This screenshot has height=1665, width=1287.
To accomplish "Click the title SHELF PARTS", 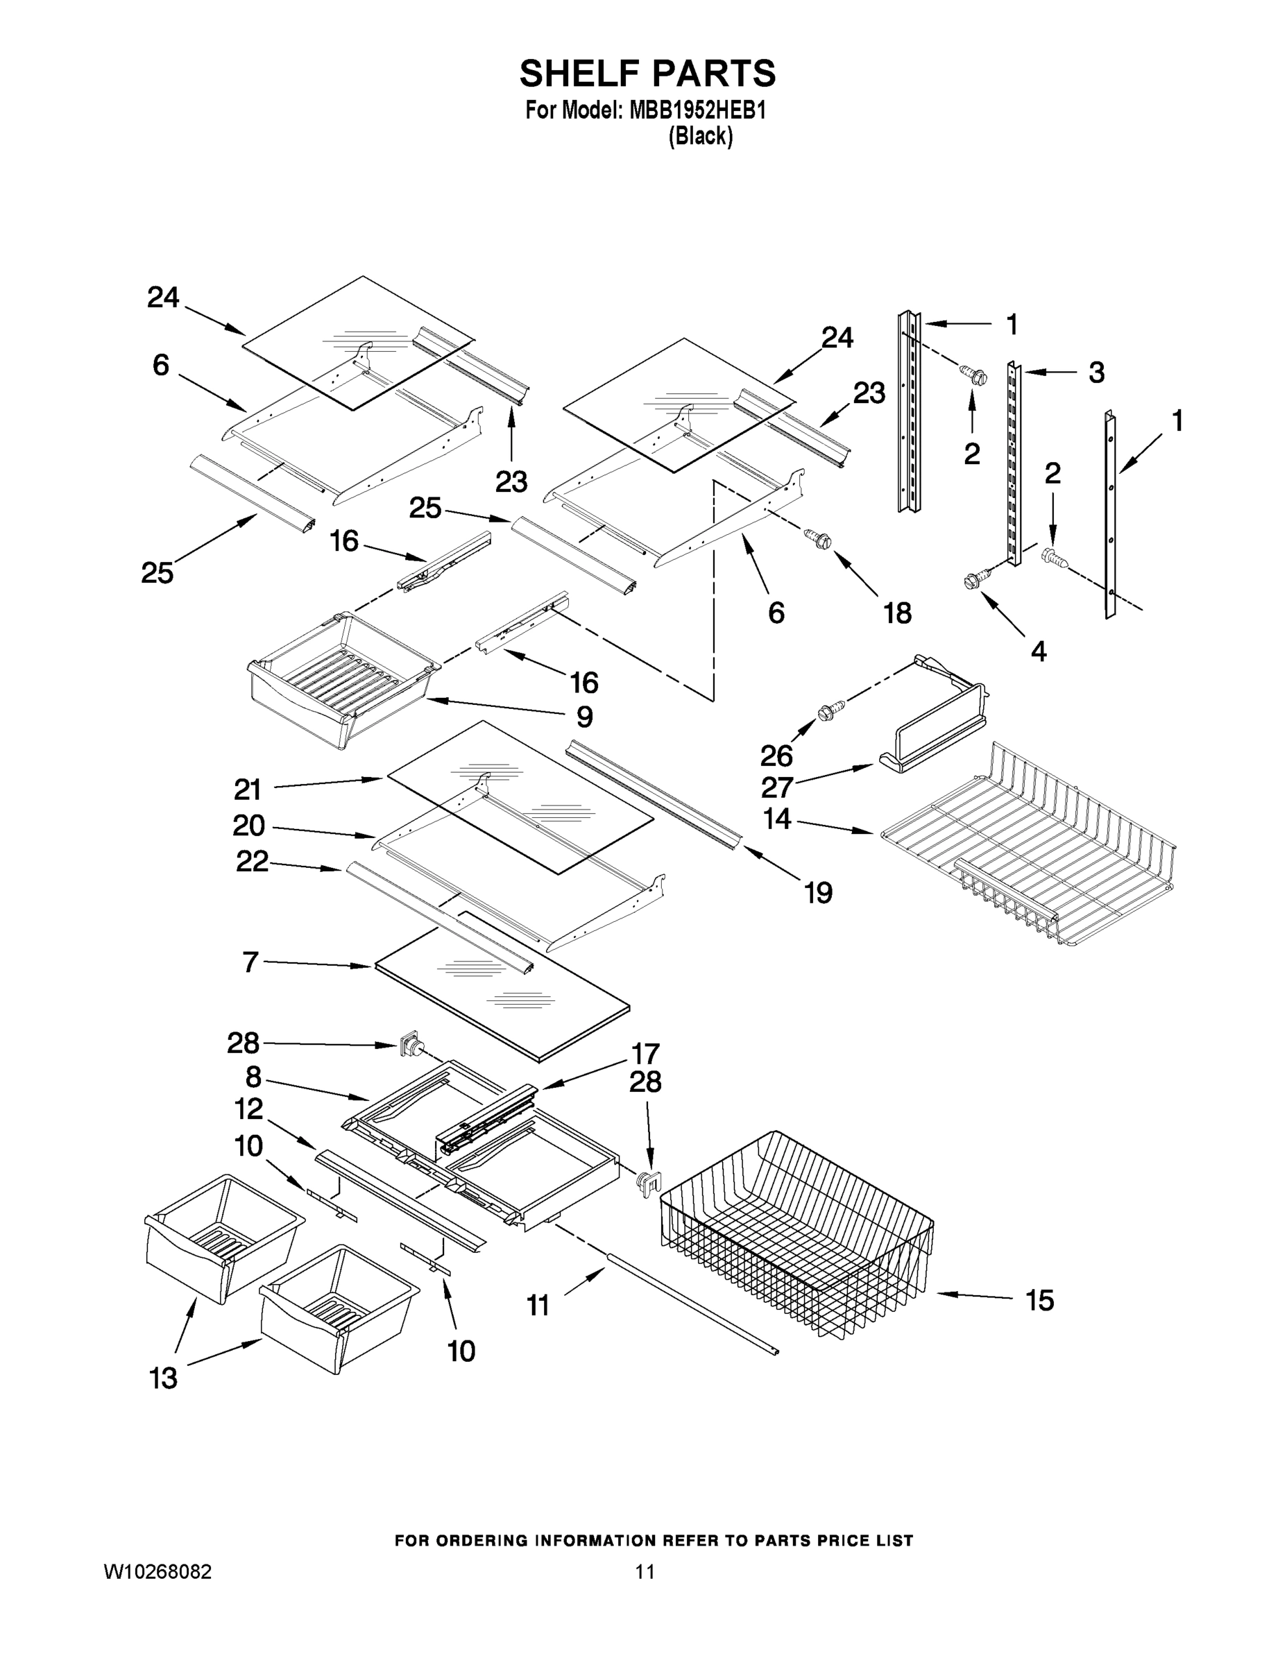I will (x=647, y=74).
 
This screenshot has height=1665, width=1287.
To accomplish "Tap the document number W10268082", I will (x=157, y=1571).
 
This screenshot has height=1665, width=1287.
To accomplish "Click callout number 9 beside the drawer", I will (x=584, y=717).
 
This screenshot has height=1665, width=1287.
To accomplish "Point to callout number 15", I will (x=1039, y=1300).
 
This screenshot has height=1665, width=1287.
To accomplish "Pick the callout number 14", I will (x=777, y=819).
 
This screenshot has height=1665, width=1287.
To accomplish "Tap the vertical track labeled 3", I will (x=1013, y=465).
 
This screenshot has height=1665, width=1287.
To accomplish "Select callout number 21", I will (x=248, y=789).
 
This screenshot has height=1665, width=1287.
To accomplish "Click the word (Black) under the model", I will (x=700, y=137).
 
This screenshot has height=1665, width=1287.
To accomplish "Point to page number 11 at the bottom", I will (x=645, y=1571).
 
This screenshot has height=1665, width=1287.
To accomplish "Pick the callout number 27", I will (x=777, y=786).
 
